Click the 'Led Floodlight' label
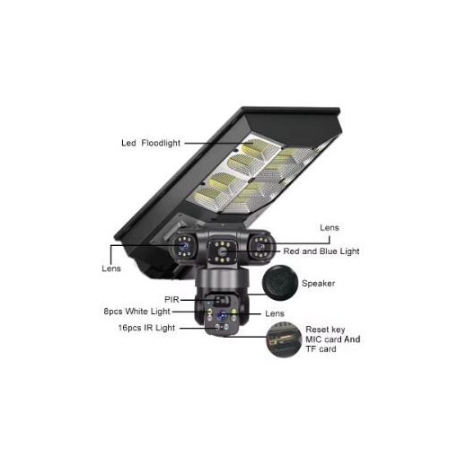[151, 143]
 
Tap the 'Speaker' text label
[318, 283]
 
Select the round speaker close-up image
[280, 283]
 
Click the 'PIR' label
[172, 299]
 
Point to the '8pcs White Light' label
[136, 312]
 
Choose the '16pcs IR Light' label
[146, 328]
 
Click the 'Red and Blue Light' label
[321, 251]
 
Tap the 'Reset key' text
[325, 330]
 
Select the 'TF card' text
[321, 349]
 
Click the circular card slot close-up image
[284, 339]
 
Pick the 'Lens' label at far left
[111, 269]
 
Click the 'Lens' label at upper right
[330, 228]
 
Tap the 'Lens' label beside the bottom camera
[275, 313]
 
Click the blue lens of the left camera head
[183, 246]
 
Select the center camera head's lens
[222, 251]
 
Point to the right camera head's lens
[260, 246]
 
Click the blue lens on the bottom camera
[222, 315]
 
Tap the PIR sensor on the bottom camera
[221, 300]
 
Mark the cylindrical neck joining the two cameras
[222, 279]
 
